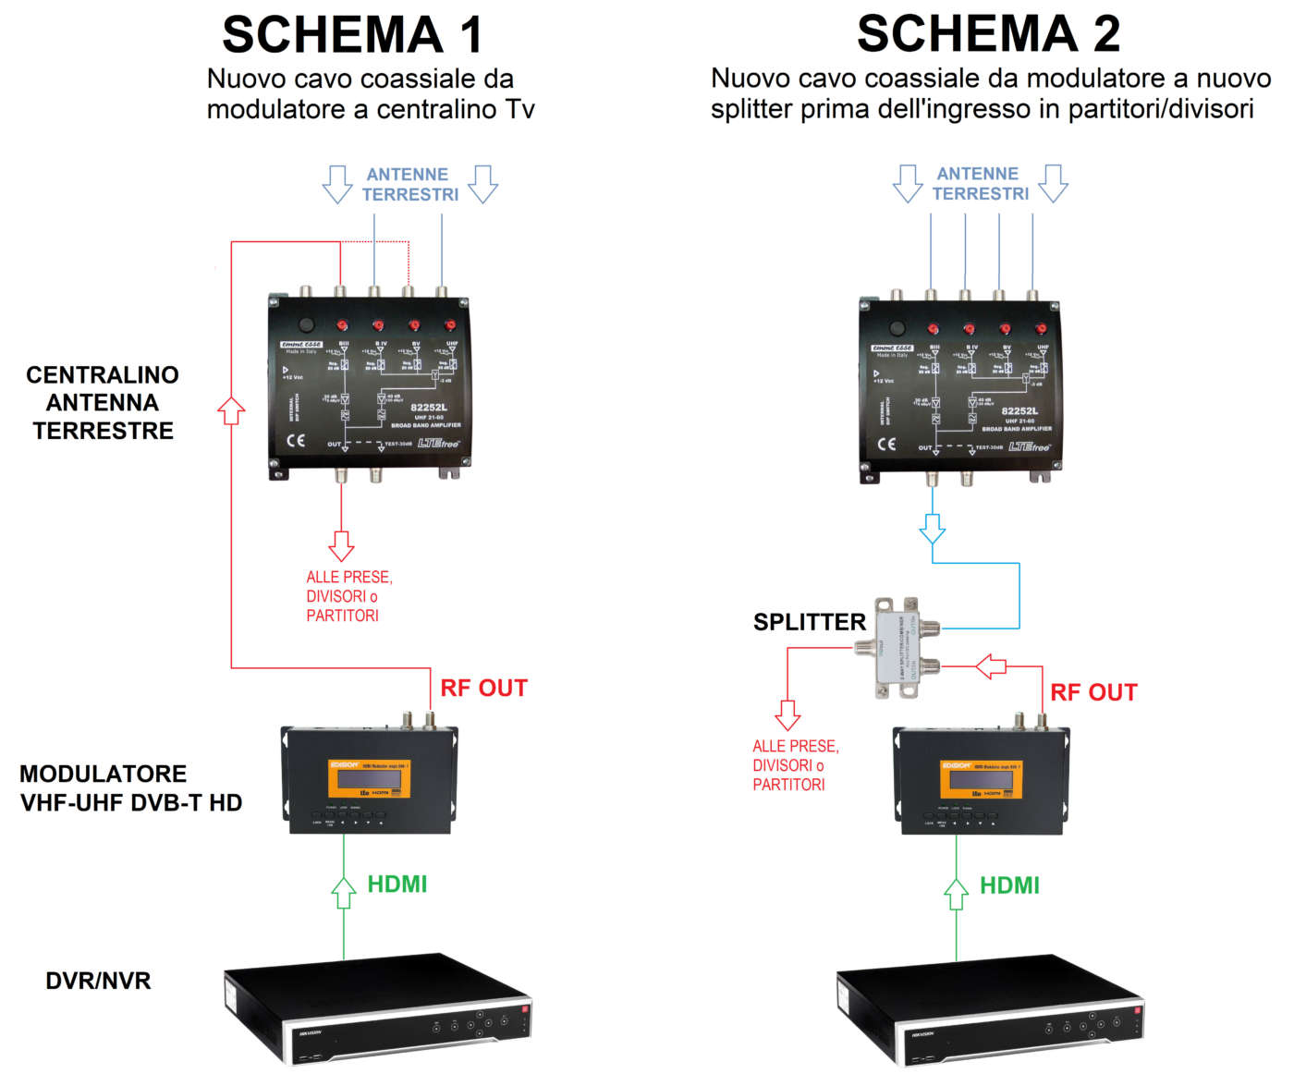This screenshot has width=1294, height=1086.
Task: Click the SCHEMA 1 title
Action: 352,35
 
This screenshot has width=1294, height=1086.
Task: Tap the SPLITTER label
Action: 809,622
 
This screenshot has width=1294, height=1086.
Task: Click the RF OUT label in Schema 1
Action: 483,689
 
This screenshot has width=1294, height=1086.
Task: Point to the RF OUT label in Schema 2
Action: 1093,693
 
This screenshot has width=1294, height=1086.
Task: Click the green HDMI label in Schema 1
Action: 397,885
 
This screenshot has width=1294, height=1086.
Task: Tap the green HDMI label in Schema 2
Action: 1009,886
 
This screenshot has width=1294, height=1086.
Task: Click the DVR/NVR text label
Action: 98,981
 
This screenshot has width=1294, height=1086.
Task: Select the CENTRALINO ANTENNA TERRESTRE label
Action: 103,403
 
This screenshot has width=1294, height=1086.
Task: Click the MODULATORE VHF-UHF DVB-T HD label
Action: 130,788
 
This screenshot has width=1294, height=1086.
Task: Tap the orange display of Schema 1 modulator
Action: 370,779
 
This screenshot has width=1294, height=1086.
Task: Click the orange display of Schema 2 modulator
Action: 982,780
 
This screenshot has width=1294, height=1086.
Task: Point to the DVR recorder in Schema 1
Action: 377,1009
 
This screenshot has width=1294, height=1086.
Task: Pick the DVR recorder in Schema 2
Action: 990,1012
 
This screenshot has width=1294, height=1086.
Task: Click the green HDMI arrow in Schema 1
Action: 344,893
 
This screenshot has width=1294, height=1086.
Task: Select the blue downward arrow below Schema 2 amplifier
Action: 933,529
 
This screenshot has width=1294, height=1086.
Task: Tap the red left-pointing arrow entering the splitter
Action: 991,665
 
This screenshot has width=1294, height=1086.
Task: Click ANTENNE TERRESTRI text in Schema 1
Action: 409,185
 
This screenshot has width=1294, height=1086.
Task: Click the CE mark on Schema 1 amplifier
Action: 296,440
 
